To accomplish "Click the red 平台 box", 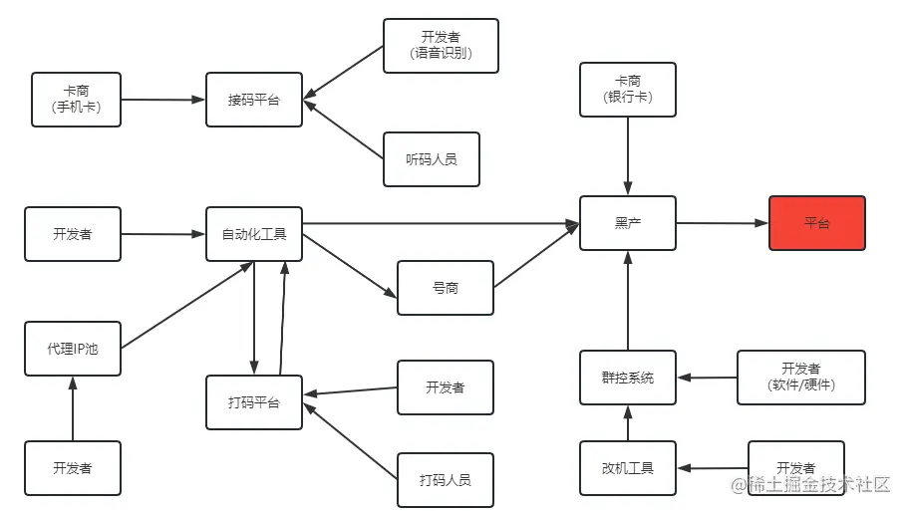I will [816, 223].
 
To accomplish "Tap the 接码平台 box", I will [254, 100].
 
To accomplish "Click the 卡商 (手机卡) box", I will [77, 100].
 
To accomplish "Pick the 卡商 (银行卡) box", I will [628, 90].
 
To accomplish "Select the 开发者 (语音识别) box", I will [441, 46].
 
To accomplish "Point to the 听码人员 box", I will [432, 159].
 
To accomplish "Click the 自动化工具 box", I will [254, 234].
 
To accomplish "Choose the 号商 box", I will [446, 288].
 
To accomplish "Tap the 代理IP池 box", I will [73, 349].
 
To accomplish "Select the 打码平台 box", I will [254, 402].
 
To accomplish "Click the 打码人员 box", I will [446, 480].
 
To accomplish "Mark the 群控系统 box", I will [628, 378].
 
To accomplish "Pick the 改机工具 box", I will [628, 468].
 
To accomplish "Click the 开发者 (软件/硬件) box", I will [801, 377].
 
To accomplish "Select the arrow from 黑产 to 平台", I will [723, 223].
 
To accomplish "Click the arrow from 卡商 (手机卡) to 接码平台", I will [163, 100].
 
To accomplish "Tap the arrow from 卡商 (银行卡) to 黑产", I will [628, 155].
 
